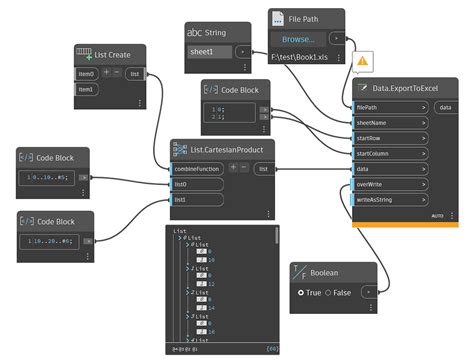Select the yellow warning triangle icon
[362, 61]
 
